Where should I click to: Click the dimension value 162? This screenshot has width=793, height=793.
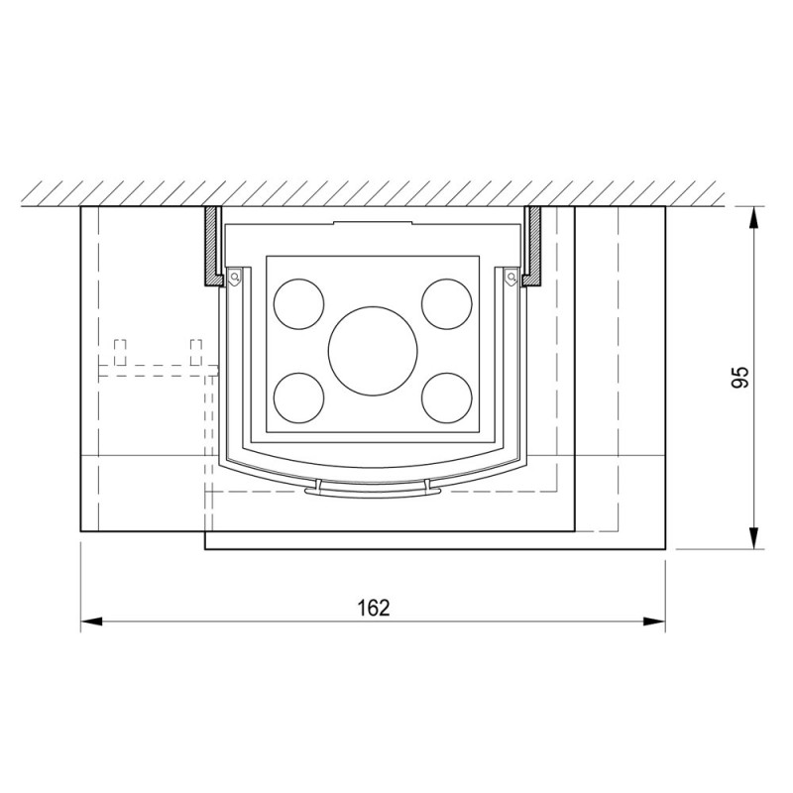374,608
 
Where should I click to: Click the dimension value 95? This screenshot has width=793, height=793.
739,377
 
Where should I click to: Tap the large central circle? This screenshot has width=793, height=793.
373,351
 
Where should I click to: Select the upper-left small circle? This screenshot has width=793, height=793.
299,304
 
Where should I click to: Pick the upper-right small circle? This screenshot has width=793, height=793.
447,304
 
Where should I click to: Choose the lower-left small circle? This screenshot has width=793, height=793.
299,398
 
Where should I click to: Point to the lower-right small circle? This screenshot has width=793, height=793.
447,398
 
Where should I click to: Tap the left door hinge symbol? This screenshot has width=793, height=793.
234,278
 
